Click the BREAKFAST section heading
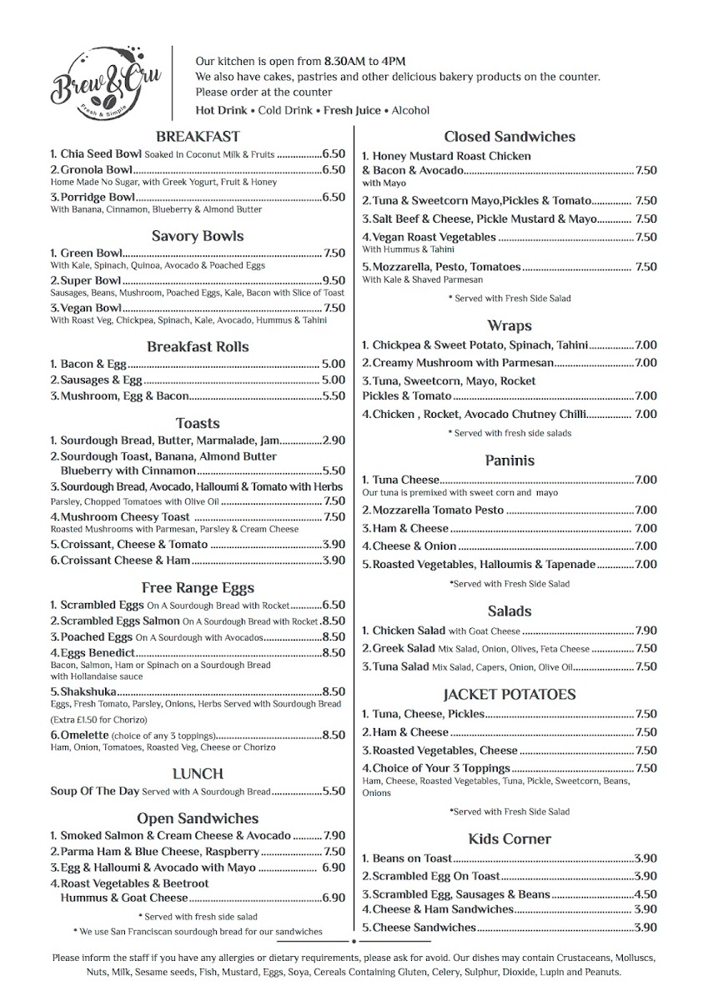198,136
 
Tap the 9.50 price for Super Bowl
334,281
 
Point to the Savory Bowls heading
198,236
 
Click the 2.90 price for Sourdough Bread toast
334,440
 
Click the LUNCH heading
198,773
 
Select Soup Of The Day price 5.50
334,792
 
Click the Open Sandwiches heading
198,818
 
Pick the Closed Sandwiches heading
510,136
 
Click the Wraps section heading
510,325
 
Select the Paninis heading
510,460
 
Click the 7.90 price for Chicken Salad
646,631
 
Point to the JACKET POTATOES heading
510,694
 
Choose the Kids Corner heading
510,838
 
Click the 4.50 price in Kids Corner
646,894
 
